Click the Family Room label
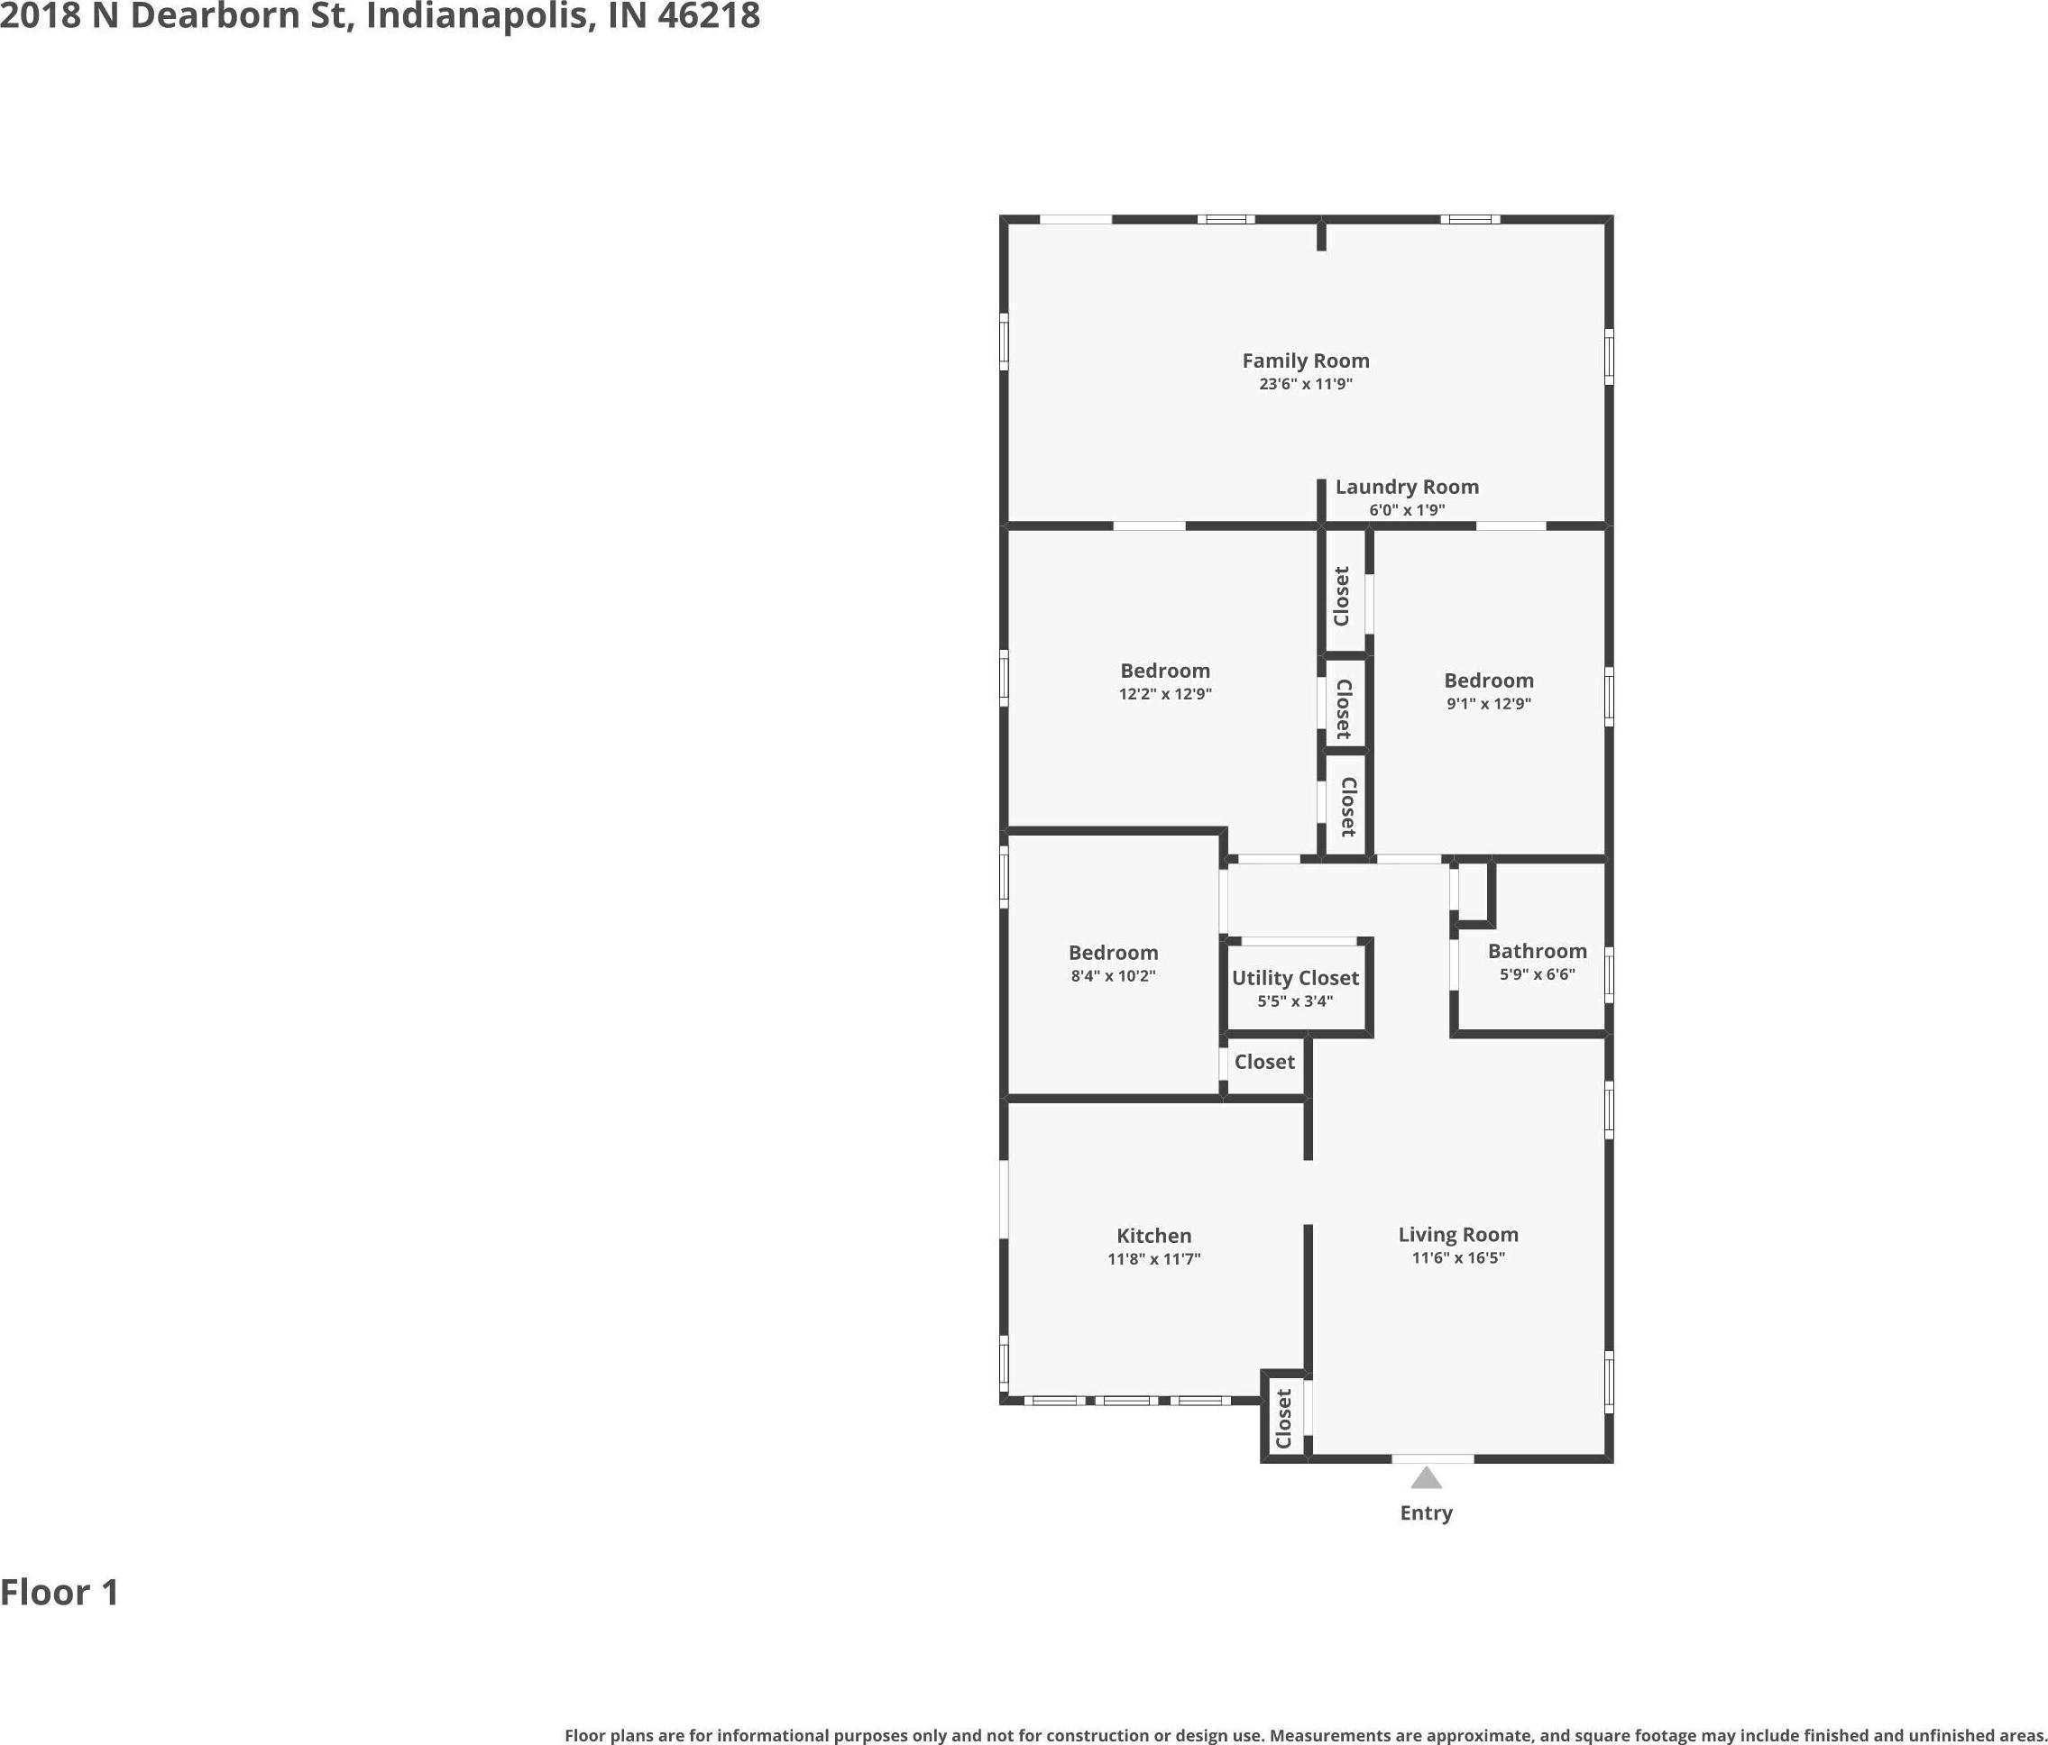(x=1306, y=361)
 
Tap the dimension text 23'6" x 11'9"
(x=1306, y=383)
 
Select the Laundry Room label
(x=1407, y=486)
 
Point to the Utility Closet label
(x=1295, y=977)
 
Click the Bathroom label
(x=1537, y=951)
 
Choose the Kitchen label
(x=1153, y=1235)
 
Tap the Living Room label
(x=1458, y=1234)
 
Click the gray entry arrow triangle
(x=1425, y=1477)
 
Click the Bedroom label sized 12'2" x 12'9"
(x=1164, y=671)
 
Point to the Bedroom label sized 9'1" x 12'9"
(x=1489, y=681)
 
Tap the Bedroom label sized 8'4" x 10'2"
(x=1113, y=953)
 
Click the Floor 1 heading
(x=60, y=1592)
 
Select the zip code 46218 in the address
(x=709, y=16)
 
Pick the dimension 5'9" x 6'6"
(x=1537, y=974)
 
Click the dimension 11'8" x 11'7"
(x=1153, y=1259)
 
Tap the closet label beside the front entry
(x=1284, y=1419)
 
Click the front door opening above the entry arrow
(x=1432, y=1458)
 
